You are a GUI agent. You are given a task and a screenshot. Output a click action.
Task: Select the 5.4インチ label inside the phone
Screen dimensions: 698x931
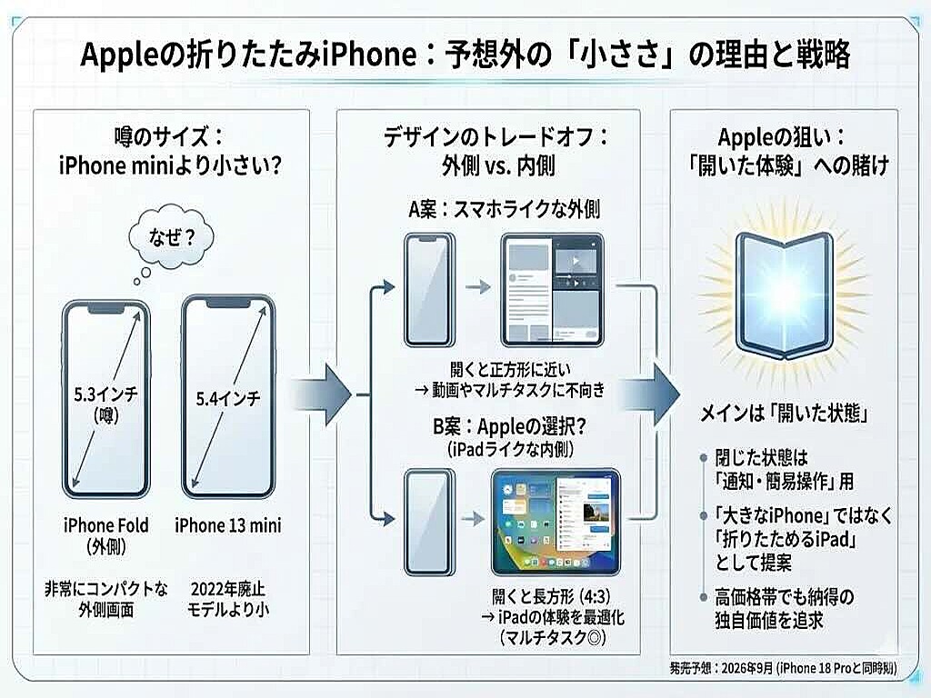coord(228,397)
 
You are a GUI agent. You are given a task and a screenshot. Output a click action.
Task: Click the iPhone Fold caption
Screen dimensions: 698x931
coord(106,525)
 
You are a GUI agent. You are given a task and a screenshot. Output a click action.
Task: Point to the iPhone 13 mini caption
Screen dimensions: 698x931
coord(228,525)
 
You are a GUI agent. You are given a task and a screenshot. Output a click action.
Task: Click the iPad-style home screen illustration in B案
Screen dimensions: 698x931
coord(555,522)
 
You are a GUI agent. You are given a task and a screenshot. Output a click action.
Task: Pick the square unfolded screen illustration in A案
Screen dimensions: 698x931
coord(553,291)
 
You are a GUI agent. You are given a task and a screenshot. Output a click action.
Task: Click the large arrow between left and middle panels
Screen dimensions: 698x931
coord(324,393)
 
